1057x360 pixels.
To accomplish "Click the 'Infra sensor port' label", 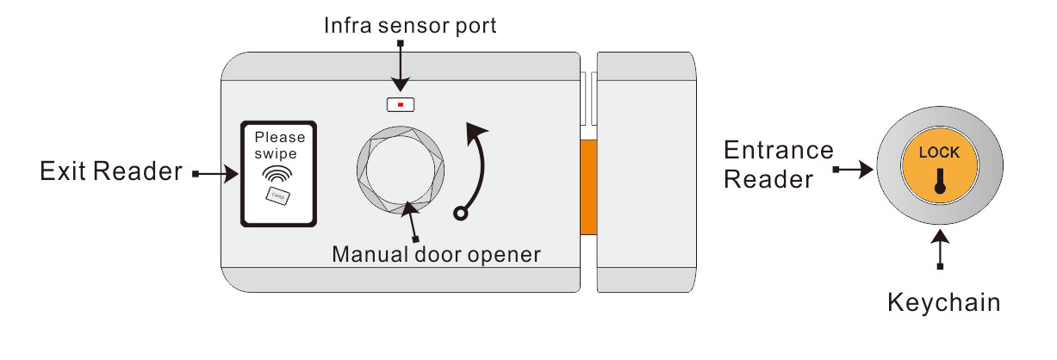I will (x=410, y=26).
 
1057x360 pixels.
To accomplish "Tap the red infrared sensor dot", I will (x=401, y=105).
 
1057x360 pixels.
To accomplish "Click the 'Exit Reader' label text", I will (x=111, y=172).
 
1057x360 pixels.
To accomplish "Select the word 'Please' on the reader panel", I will (x=279, y=138).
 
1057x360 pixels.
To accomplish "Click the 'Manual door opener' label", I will (x=437, y=254).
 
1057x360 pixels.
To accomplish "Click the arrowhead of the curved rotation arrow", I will (x=476, y=132).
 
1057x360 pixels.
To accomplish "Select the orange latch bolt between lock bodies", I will (x=588, y=188).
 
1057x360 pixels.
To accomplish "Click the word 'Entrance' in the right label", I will (x=779, y=151).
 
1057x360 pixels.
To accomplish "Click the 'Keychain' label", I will (x=943, y=302).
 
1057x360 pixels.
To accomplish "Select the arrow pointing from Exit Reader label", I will (x=216, y=175).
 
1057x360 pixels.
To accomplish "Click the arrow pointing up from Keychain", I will (x=940, y=251).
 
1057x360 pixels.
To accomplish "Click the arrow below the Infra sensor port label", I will (x=400, y=65).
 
